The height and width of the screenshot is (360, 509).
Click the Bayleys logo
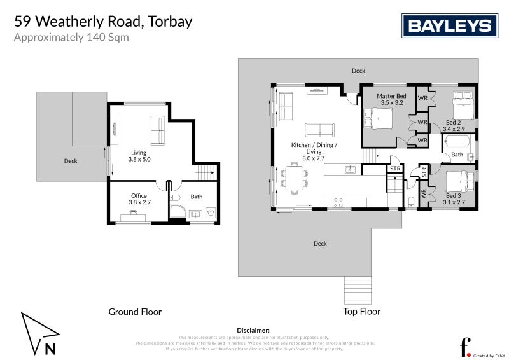click(x=449, y=26)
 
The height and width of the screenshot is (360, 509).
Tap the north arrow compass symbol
click(x=39, y=333)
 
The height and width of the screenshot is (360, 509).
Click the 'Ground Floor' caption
click(x=135, y=312)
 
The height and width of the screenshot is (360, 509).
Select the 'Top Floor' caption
click(x=361, y=312)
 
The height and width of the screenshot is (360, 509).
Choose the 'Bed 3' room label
click(x=454, y=199)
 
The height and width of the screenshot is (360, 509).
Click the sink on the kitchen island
click(x=349, y=170)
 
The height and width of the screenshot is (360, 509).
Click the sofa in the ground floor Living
click(x=157, y=130)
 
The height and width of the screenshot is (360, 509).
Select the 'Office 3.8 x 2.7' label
click(x=139, y=199)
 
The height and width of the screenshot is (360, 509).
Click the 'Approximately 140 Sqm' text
click(x=71, y=37)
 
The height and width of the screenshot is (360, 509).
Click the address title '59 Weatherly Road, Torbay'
click(x=103, y=22)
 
